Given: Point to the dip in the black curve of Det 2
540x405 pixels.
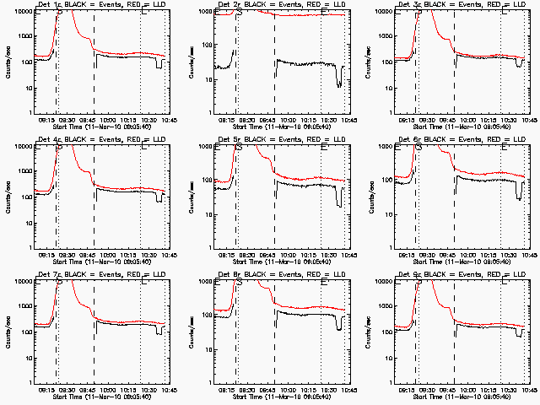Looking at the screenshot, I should pos(338,80).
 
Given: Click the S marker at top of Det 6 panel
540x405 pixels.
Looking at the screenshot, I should pos(418,146).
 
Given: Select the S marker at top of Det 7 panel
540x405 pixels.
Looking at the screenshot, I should pos(59,281).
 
